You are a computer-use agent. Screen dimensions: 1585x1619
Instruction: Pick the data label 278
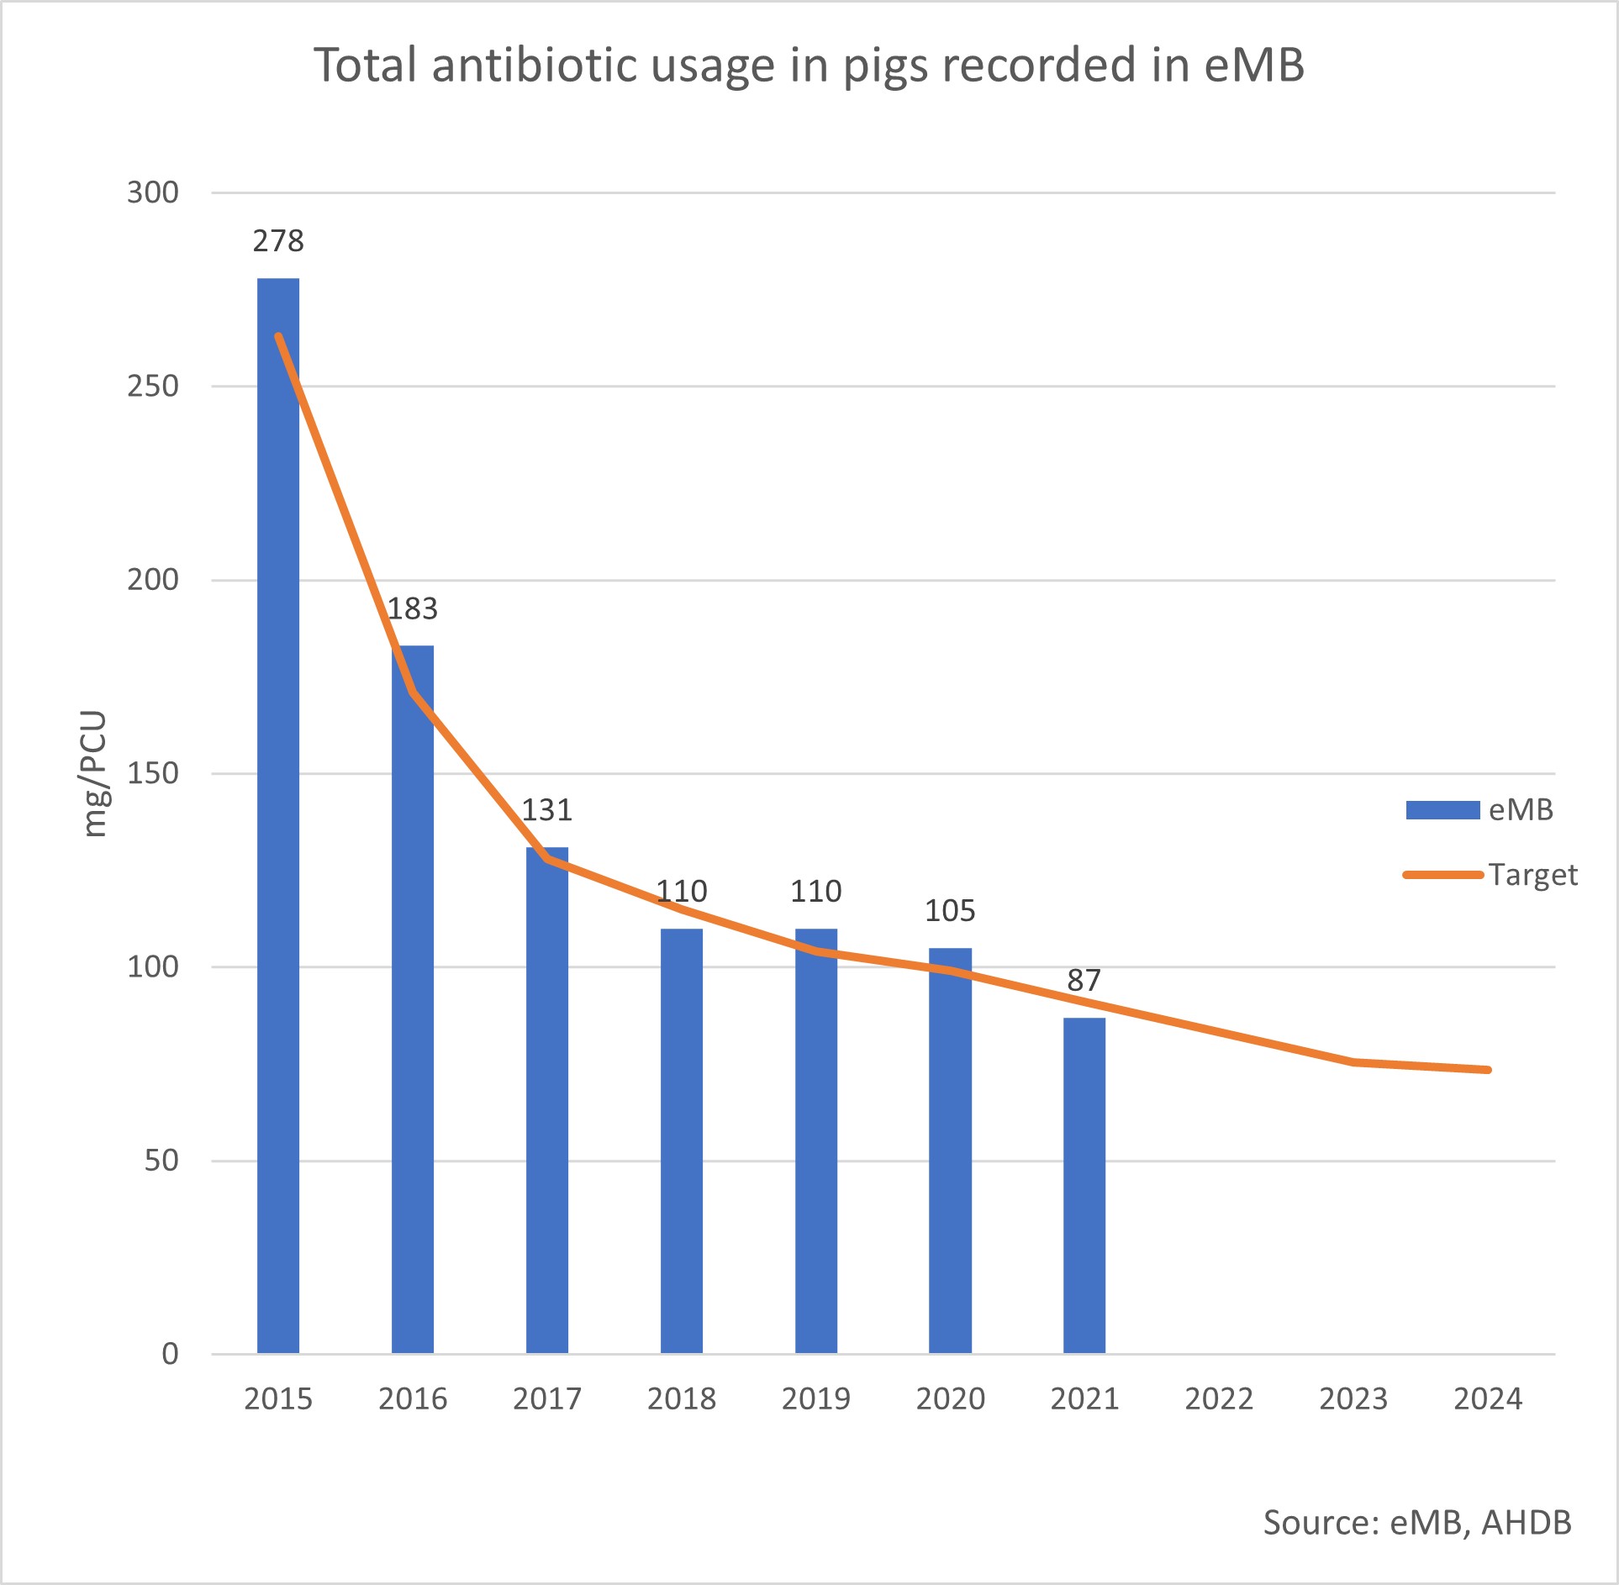(x=278, y=241)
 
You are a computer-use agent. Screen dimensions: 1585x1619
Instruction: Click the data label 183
(x=413, y=608)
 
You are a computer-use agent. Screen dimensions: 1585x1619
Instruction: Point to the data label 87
(x=1084, y=980)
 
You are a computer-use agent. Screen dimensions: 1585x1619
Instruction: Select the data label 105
(x=950, y=910)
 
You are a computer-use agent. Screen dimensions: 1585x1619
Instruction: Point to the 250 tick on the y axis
(x=153, y=386)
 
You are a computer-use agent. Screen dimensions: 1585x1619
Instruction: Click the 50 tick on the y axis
(x=161, y=1160)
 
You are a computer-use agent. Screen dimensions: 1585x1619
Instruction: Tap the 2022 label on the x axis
(x=1219, y=1398)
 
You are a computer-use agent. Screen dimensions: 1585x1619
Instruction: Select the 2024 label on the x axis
(x=1488, y=1398)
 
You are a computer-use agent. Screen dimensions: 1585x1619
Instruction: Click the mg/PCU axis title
(x=95, y=773)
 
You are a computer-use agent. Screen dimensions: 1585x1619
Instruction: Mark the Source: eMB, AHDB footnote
(x=1417, y=1522)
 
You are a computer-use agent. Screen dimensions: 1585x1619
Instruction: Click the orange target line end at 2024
(x=1488, y=1070)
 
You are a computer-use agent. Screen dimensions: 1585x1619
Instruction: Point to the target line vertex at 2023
(x=1353, y=1062)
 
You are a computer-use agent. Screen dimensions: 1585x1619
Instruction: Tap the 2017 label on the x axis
(x=547, y=1398)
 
